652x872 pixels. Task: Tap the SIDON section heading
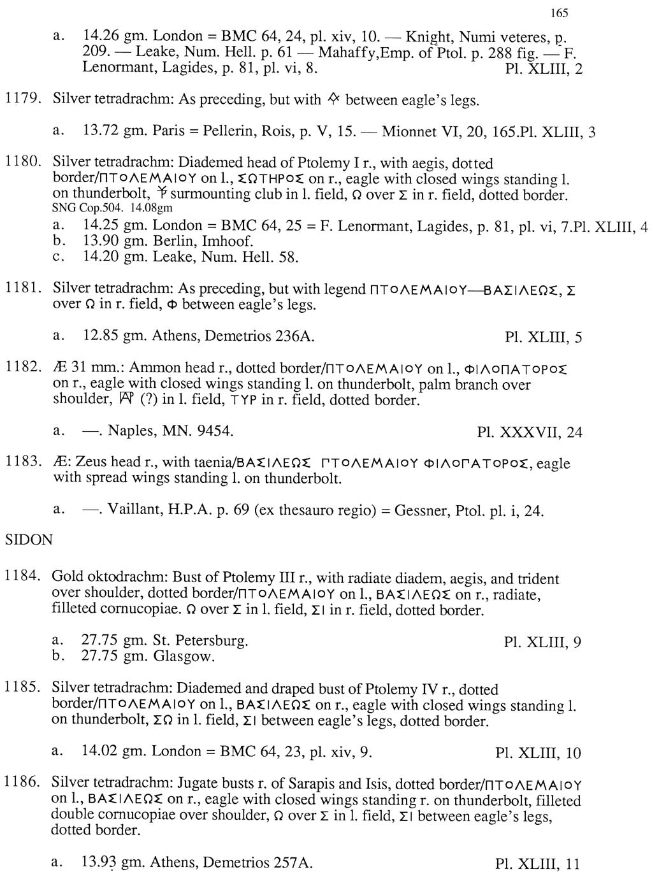tap(29, 540)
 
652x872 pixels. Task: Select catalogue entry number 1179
tap(22, 99)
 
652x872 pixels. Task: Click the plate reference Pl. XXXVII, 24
tap(530, 432)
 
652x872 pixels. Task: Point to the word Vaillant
tap(131, 510)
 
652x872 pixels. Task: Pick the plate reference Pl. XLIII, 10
tap(539, 753)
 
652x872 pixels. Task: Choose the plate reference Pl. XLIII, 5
tap(543, 337)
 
